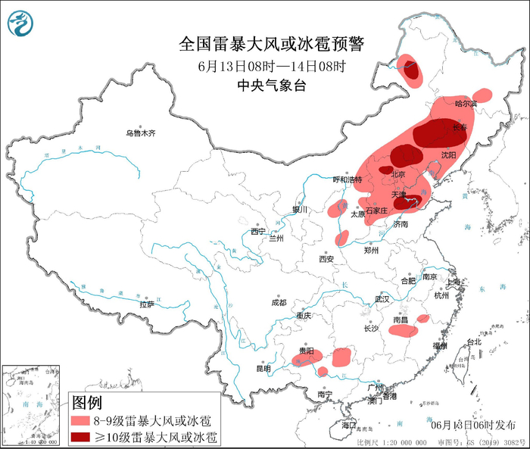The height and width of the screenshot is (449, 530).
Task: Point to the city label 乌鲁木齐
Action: click(x=140, y=133)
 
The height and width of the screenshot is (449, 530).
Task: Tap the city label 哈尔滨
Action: click(x=466, y=103)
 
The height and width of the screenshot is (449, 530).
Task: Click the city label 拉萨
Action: click(x=147, y=304)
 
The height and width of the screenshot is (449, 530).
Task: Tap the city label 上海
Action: click(x=454, y=281)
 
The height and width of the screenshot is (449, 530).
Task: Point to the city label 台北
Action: click(x=473, y=341)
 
